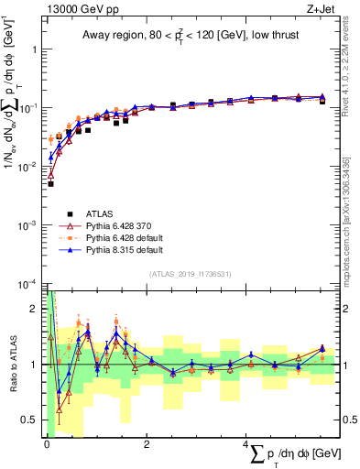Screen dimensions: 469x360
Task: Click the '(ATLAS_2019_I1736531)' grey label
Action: point(190,273)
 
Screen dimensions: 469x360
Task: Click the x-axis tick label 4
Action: point(246,444)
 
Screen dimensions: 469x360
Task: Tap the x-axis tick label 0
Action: point(47,444)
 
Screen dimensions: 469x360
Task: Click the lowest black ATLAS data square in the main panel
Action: point(50,184)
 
